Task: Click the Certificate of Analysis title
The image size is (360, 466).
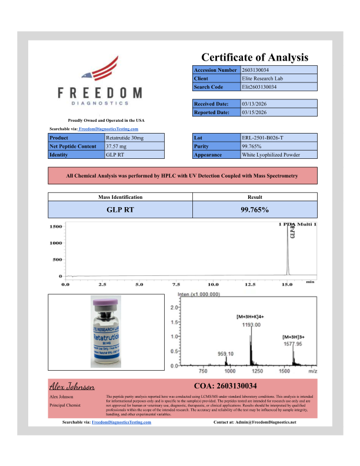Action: point(255,57)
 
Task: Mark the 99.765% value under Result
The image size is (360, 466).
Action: point(254,209)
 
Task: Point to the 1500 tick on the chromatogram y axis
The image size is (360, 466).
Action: point(55,227)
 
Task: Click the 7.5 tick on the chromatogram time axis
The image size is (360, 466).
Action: point(176,284)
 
